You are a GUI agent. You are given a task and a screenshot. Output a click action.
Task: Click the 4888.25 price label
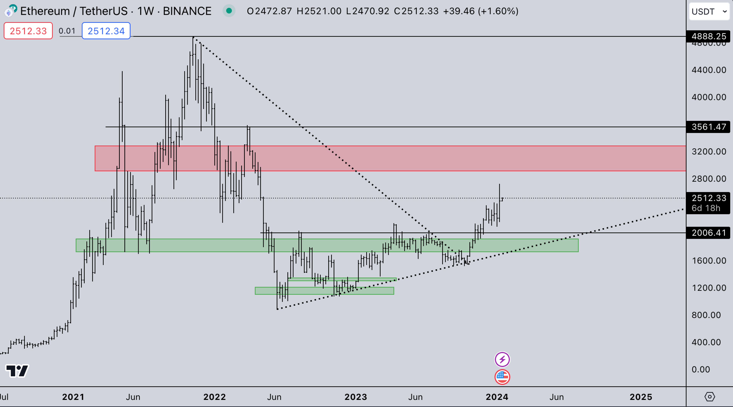[709, 36]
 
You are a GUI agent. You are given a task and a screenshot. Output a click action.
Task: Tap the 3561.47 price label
[709, 127]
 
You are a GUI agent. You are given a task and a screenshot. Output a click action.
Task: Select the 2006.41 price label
[709, 233]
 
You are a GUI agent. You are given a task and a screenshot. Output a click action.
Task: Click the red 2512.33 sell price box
[28, 31]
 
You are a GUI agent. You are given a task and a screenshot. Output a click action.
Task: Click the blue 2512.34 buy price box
[106, 31]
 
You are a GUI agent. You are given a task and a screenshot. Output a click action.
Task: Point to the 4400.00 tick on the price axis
[709, 70]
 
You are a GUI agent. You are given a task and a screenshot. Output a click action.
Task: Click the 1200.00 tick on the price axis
[709, 288]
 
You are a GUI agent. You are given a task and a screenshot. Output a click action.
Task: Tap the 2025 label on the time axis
[641, 397]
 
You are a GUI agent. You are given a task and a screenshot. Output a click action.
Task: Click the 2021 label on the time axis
[73, 397]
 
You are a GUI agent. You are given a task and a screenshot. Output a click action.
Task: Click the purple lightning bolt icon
[502, 360]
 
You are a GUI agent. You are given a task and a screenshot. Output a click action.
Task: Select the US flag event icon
[502, 377]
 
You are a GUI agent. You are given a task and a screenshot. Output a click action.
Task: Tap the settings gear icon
[710, 397]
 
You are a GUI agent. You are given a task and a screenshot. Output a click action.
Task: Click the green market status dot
[229, 11]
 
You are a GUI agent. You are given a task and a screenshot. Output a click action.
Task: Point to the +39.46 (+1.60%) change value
[481, 11]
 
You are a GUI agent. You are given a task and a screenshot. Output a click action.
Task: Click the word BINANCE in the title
[187, 11]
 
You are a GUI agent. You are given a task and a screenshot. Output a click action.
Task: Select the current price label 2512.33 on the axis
[709, 198]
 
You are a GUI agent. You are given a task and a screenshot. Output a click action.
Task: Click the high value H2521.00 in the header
[319, 11]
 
